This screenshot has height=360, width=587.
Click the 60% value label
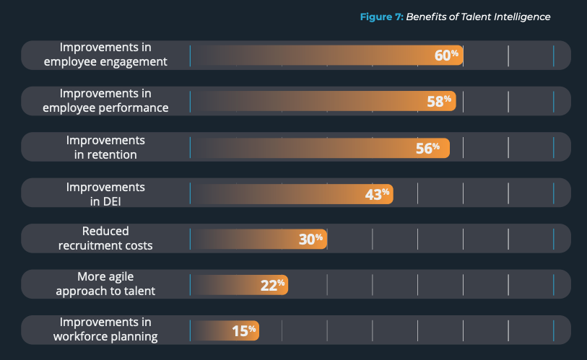pos(447,56)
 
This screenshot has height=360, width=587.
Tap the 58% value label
pos(439,102)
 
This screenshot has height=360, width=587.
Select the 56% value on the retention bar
pos(427,148)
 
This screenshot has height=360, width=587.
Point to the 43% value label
pos(377,193)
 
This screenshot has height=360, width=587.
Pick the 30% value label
pos(311,240)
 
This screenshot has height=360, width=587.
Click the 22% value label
pos(272,285)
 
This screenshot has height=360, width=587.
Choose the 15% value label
pos(244,331)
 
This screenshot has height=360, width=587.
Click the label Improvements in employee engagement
pos(105,55)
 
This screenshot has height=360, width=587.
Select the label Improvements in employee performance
pos(105,101)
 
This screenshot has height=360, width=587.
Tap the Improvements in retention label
pos(105,147)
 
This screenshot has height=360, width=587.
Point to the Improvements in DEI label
pos(105,193)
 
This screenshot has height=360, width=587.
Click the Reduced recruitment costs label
pos(105,239)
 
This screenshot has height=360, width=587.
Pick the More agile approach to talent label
pos(105,284)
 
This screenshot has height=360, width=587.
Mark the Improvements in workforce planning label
pos(105,330)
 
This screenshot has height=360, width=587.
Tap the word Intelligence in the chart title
pos(522,17)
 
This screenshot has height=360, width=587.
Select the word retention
pos(111,154)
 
